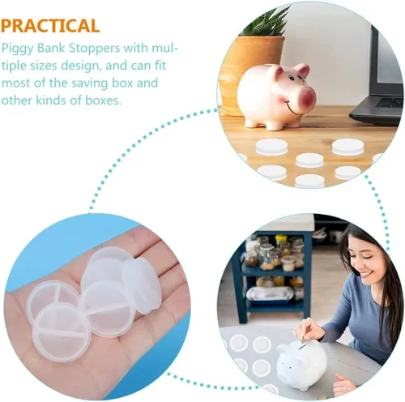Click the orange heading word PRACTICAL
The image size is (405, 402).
point(50,26)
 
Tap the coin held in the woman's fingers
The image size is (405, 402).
point(303,338)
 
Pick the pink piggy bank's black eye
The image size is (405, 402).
point(291,79)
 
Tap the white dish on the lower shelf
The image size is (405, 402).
point(270,294)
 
